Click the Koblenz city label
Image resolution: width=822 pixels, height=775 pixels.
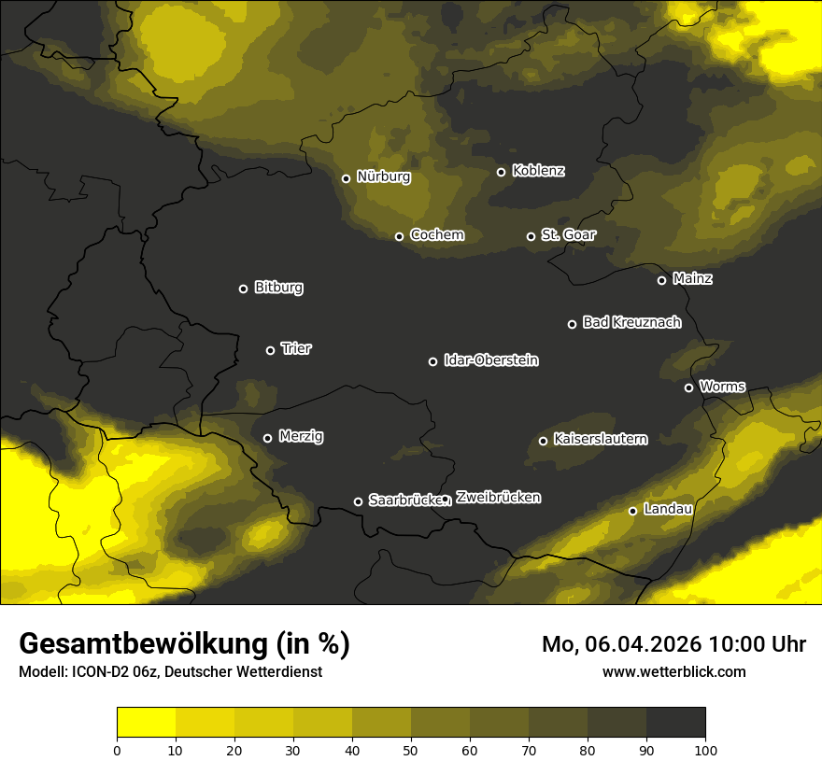pyautogui.click(x=538, y=171)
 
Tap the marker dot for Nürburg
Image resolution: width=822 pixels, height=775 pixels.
pyautogui.click(x=346, y=178)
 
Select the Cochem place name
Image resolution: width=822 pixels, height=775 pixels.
pyautogui.click(x=436, y=234)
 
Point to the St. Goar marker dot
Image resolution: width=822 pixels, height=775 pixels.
pyautogui.click(x=531, y=236)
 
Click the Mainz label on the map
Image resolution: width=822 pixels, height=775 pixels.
pyautogui.click(x=692, y=278)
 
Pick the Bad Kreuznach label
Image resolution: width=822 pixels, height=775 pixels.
pyautogui.click(x=631, y=322)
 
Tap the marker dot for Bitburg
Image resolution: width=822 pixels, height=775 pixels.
pyautogui.click(x=243, y=289)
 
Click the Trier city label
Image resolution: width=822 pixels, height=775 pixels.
pyautogui.click(x=296, y=348)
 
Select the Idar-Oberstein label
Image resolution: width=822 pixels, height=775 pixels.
pyautogui.click(x=490, y=359)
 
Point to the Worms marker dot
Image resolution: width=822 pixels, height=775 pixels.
pyautogui.click(x=688, y=387)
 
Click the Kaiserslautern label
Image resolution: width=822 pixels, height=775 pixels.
pyautogui.click(x=600, y=439)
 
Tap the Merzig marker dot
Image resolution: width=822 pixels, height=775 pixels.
pyautogui.click(x=267, y=438)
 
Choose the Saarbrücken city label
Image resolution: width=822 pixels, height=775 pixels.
pyautogui.click(x=404, y=500)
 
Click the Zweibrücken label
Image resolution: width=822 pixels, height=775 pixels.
pyautogui.click(x=498, y=498)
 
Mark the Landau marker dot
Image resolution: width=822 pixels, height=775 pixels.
pyautogui.click(x=632, y=511)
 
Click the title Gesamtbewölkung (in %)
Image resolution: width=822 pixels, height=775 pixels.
pyautogui.click(x=184, y=644)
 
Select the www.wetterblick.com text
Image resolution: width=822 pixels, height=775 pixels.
pyautogui.click(x=673, y=671)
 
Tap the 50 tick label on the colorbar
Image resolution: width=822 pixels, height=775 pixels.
pyautogui.click(x=411, y=749)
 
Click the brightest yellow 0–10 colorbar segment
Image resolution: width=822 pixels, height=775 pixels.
pyautogui.click(x=146, y=722)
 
